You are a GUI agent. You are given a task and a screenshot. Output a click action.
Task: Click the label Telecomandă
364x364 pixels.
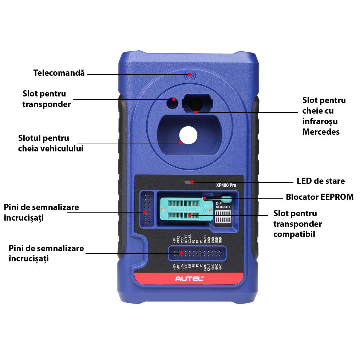[59, 73]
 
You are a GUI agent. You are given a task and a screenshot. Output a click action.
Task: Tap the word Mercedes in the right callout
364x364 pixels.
[321, 132]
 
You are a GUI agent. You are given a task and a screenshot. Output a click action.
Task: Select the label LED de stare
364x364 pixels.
[321, 181]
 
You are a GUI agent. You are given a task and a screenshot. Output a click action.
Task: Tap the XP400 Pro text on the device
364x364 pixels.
[226, 185]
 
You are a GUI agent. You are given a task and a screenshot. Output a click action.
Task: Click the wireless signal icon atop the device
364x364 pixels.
[189, 75]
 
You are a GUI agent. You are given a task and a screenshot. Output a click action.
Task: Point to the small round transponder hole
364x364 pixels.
[173, 103]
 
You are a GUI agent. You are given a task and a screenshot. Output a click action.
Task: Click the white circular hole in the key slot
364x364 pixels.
[188, 135]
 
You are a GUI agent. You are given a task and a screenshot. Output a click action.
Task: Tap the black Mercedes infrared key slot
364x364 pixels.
[197, 103]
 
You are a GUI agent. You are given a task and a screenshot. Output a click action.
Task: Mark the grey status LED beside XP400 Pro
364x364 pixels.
[188, 182]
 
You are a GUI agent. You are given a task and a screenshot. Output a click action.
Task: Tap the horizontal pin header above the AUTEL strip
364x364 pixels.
[197, 253]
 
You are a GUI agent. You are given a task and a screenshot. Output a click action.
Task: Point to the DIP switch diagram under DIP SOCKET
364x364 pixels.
[222, 219]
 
